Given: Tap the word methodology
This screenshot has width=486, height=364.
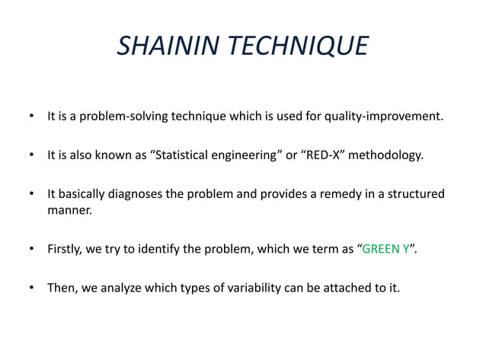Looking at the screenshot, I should point(388,155).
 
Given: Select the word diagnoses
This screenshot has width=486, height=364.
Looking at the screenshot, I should point(136,193).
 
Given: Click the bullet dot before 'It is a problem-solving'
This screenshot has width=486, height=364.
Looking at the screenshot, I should point(32,118).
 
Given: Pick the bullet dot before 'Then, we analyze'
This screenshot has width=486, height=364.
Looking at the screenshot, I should point(32,289).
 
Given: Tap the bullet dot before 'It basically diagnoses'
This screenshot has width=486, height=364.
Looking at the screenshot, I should point(32,194).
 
